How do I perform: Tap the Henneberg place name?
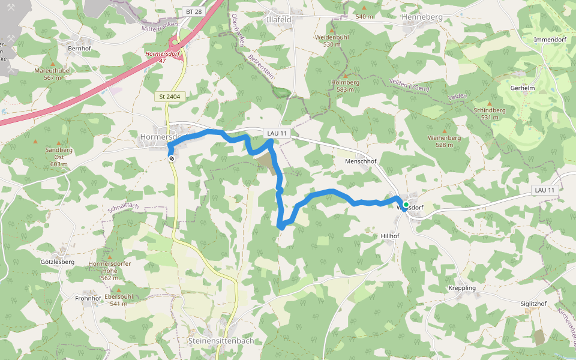(x=422, y=17)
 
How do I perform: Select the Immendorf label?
(x=550, y=40)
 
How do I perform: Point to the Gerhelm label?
(x=521, y=88)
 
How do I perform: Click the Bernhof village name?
(x=79, y=48)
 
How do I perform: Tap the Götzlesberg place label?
(x=58, y=262)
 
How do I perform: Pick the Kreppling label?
(x=462, y=288)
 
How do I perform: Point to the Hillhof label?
(x=390, y=236)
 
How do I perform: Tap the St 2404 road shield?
(x=170, y=96)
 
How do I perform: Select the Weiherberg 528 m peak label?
(x=444, y=142)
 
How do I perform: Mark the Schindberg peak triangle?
(x=490, y=103)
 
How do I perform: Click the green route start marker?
(x=406, y=205)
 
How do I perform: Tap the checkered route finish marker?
(x=172, y=158)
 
